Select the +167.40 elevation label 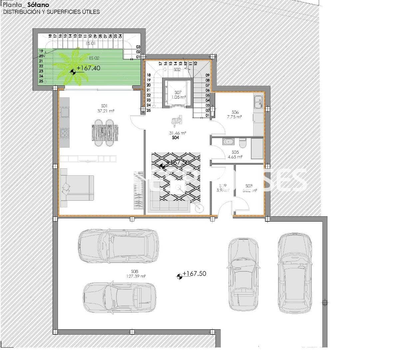pyautogui.click(x=88, y=68)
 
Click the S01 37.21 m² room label pyautogui.click(x=106, y=109)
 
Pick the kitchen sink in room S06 pyautogui.click(x=258, y=101)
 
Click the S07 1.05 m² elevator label pyautogui.click(x=178, y=95)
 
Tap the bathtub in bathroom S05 pyautogui.click(x=229, y=142)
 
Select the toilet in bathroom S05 pyautogui.click(x=243, y=143)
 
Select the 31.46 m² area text pyautogui.click(x=178, y=133)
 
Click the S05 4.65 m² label pyautogui.click(x=235, y=154)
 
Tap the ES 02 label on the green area pyautogui.click(x=94, y=58)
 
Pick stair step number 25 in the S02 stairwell pyautogui.click(x=149, y=110)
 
